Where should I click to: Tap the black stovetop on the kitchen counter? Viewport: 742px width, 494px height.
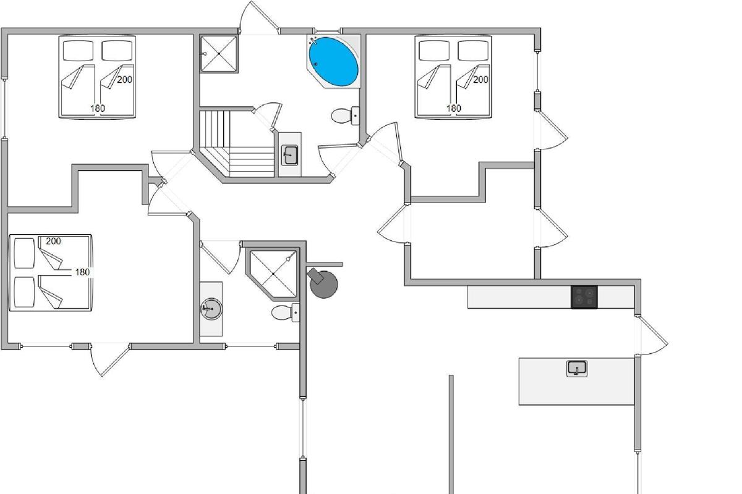click(x=584, y=297)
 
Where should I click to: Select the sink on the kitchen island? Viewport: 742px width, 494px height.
click(x=577, y=369)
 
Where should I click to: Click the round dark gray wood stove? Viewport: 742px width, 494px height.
click(x=323, y=284)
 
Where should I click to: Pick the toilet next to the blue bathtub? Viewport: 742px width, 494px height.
click(x=343, y=115)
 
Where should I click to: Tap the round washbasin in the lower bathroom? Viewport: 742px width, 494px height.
click(x=211, y=308)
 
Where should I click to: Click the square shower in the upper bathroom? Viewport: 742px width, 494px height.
click(x=218, y=54)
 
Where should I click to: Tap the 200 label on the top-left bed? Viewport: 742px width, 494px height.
click(x=124, y=79)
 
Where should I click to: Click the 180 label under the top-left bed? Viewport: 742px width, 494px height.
click(x=97, y=108)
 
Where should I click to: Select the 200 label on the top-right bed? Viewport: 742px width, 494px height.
click(x=480, y=79)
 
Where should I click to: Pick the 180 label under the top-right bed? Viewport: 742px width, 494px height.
click(x=453, y=108)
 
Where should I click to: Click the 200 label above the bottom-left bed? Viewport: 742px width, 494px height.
click(x=53, y=241)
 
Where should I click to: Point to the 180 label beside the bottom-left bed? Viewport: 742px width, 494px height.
click(x=82, y=272)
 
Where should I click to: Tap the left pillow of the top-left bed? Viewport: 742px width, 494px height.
click(x=77, y=49)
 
